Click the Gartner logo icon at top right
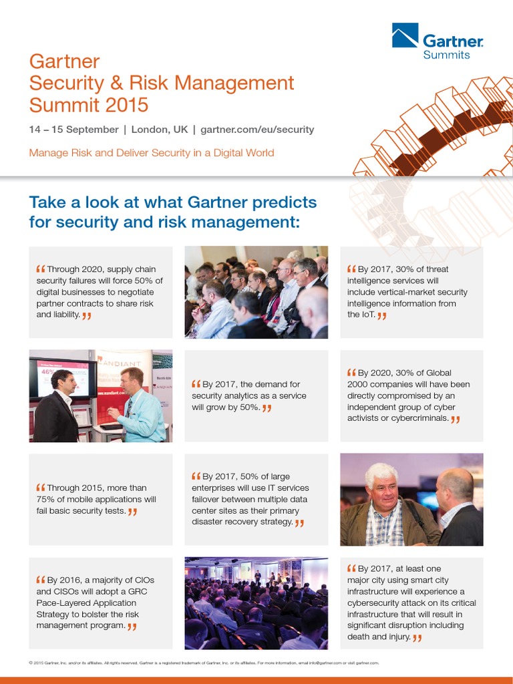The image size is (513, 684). tap(405, 36)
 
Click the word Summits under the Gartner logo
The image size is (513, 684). tap(446, 55)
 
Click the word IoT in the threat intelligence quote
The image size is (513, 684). tap(365, 315)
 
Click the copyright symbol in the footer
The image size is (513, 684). tap(31, 663)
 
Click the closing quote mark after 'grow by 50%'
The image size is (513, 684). tap(267, 407)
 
